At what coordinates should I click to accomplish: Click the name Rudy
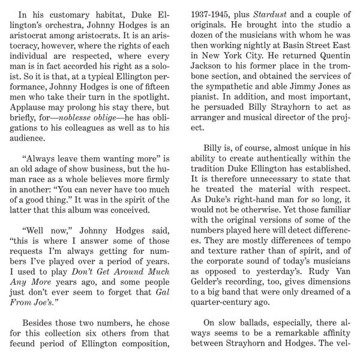[308, 282]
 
